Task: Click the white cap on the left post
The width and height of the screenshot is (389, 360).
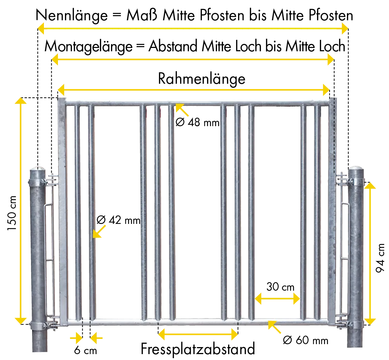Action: coord(39,168)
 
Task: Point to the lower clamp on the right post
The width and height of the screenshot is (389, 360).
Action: coord(355,325)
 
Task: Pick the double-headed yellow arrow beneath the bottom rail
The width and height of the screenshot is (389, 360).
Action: coord(198,335)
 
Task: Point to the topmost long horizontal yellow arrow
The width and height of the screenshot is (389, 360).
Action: coord(193,28)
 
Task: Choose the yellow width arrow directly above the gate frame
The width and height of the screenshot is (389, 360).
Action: coord(194,89)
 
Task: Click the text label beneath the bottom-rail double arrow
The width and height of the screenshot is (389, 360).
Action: coord(198,349)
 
